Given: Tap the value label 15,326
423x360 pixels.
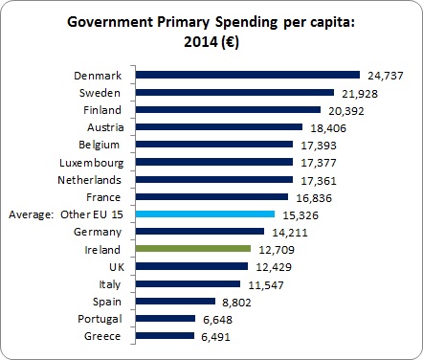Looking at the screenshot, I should point(301,214).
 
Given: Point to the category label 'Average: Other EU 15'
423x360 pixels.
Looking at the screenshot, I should point(66,214).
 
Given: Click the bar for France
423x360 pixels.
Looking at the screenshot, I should point(211,197).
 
